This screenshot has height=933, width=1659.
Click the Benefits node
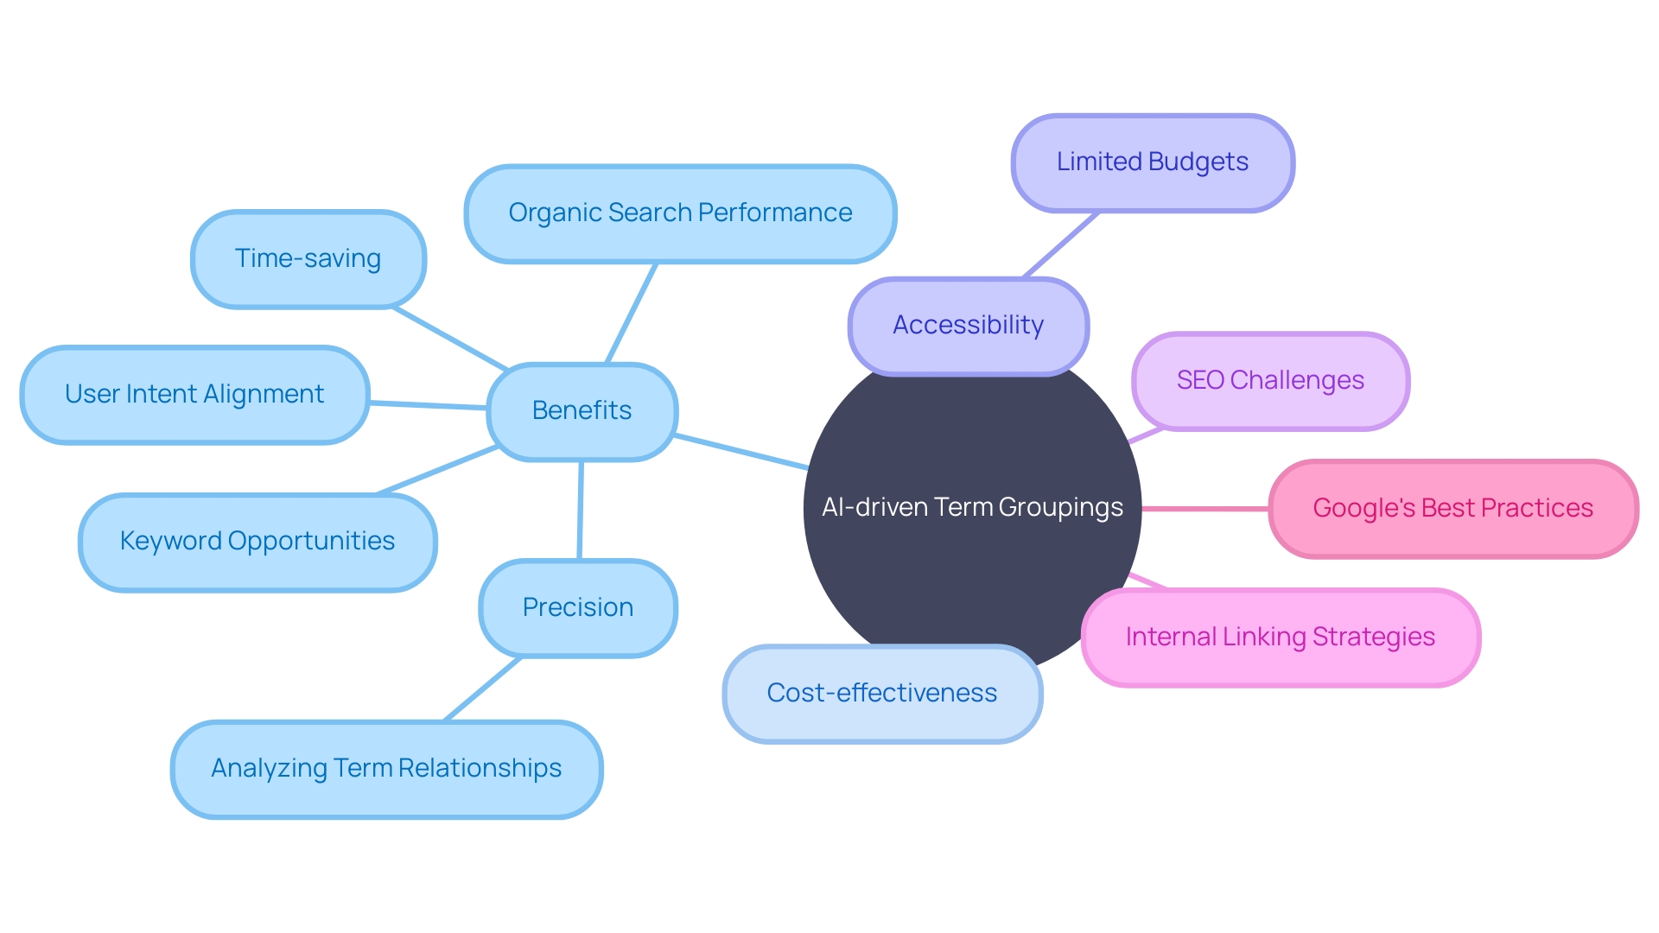click(x=582, y=411)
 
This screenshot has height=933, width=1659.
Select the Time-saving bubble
click(x=308, y=259)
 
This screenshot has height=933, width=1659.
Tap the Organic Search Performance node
click(x=680, y=213)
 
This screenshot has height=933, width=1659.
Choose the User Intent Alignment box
click(x=194, y=395)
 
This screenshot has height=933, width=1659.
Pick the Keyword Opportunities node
click(x=257, y=542)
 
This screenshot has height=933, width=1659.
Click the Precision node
click(x=577, y=608)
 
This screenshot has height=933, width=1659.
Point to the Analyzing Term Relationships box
click(x=386, y=769)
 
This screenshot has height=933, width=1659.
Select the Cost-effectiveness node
click(x=881, y=694)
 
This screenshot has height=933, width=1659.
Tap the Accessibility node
click(x=968, y=326)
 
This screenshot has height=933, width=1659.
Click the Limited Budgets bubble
click(x=1152, y=162)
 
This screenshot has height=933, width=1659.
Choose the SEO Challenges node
click(x=1270, y=381)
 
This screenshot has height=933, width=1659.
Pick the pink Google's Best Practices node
click(x=1452, y=509)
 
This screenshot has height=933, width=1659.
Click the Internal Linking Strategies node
click(x=1280, y=638)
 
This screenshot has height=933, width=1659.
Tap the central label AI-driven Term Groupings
click(x=972, y=507)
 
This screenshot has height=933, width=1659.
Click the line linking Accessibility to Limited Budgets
click(x=1061, y=244)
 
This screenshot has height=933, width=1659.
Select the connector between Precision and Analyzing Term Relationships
click(x=482, y=689)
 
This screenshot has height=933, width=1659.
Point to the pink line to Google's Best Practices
click(x=1205, y=509)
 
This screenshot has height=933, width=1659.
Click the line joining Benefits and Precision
click(x=580, y=510)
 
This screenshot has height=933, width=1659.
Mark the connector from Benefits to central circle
click(x=741, y=452)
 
